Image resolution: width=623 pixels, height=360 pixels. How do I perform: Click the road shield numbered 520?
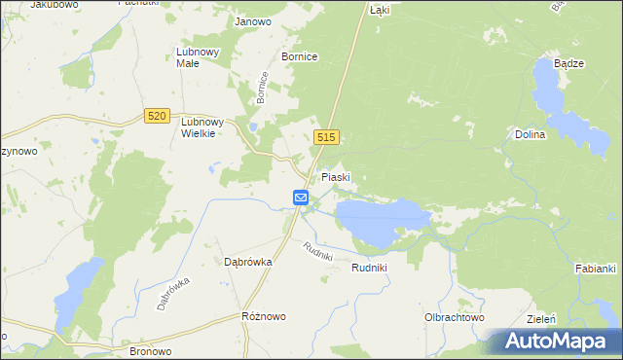coord(156,116)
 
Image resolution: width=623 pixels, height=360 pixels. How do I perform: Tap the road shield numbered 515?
coord(325,138)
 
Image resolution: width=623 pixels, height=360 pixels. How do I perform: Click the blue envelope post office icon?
coord(301,198)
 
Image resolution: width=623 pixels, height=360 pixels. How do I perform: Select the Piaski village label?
coord(336,178)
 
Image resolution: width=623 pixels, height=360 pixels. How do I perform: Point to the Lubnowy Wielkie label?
coord(202,127)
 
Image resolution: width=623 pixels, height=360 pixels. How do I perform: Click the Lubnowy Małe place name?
coord(200,57)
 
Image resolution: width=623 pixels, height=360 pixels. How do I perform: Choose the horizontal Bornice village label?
coord(299,57)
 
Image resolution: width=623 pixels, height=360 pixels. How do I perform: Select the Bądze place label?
coord(568,63)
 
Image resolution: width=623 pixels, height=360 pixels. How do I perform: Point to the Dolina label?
coord(531,135)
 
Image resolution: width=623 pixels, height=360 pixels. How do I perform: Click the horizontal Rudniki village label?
coord(370,268)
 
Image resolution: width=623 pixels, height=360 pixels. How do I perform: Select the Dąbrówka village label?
coord(247,262)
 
